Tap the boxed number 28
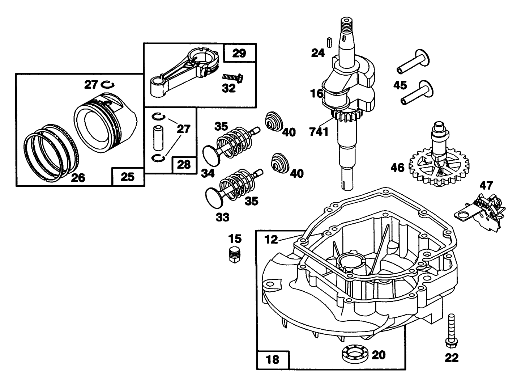(x=184, y=165)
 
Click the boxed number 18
(x=273, y=359)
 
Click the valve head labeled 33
(x=213, y=197)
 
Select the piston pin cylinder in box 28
(x=158, y=138)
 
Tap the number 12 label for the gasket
(x=271, y=239)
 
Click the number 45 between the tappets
(x=400, y=85)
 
